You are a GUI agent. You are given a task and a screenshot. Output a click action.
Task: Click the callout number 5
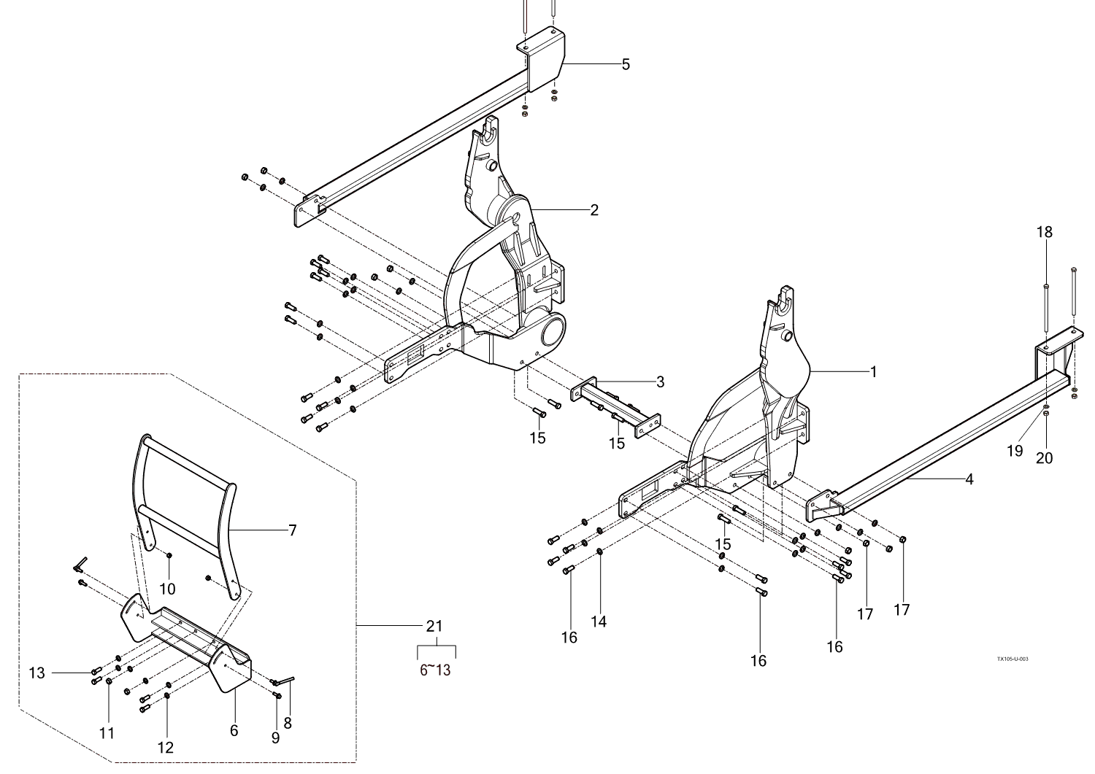(x=626, y=64)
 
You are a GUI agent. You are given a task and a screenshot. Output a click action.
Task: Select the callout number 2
(x=594, y=210)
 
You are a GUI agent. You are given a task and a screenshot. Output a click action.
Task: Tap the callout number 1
(x=872, y=371)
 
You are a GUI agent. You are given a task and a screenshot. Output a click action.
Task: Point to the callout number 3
(x=659, y=382)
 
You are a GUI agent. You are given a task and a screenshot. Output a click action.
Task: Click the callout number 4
(x=969, y=479)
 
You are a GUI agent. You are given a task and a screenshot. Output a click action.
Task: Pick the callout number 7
(x=292, y=530)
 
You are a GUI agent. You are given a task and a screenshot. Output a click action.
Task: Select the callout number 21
(x=434, y=626)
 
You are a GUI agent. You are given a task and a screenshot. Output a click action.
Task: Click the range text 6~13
(x=435, y=670)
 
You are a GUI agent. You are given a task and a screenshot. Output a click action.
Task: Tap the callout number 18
(x=1045, y=232)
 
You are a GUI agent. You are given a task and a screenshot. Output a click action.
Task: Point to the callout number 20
(x=1045, y=457)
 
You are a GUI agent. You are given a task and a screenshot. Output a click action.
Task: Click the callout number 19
(x=1015, y=451)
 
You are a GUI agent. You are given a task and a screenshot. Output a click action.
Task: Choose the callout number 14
(x=599, y=622)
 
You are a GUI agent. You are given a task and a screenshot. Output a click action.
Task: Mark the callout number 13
(x=37, y=673)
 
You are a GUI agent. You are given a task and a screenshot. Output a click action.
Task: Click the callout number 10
(x=167, y=589)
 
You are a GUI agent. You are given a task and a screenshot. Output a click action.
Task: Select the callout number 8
(x=288, y=723)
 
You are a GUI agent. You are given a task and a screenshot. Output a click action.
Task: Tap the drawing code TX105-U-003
(x=1013, y=659)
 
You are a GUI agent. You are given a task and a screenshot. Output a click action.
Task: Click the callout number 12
(x=166, y=747)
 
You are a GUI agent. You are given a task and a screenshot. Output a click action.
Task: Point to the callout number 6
(x=234, y=730)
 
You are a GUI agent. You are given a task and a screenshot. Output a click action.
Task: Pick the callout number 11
(x=107, y=733)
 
